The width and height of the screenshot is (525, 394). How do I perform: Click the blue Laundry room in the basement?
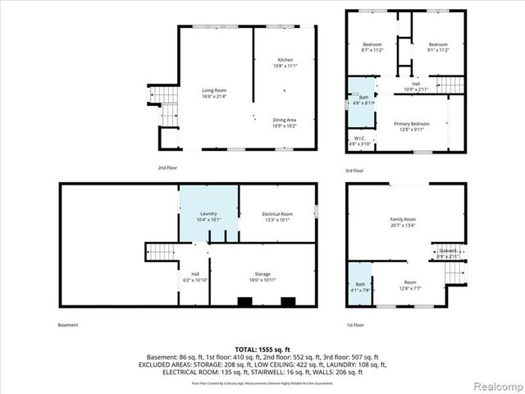208,215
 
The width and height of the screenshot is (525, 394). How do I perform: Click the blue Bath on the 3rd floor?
361,98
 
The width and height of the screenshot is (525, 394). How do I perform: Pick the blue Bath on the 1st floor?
359,284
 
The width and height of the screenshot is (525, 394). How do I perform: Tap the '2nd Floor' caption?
167,167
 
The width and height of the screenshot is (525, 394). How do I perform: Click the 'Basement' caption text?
69,325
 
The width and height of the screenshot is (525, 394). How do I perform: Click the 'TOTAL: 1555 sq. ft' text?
262,349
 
